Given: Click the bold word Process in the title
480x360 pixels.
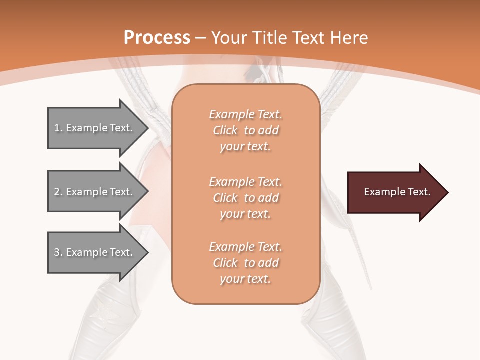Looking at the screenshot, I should [x=157, y=38].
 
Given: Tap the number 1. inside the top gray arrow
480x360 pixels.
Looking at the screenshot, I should [x=58, y=128].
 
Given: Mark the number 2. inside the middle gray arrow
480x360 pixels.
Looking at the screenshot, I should [x=58, y=192].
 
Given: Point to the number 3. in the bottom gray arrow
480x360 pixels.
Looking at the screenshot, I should [x=58, y=252].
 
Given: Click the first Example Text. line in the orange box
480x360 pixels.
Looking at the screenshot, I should [x=245, y=114].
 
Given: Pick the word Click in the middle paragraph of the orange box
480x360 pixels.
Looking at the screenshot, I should [x=225, y=198].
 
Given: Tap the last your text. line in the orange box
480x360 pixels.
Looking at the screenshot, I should [x=245, y=279].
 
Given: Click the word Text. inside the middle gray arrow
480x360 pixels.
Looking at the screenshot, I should [x=121, y=192].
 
